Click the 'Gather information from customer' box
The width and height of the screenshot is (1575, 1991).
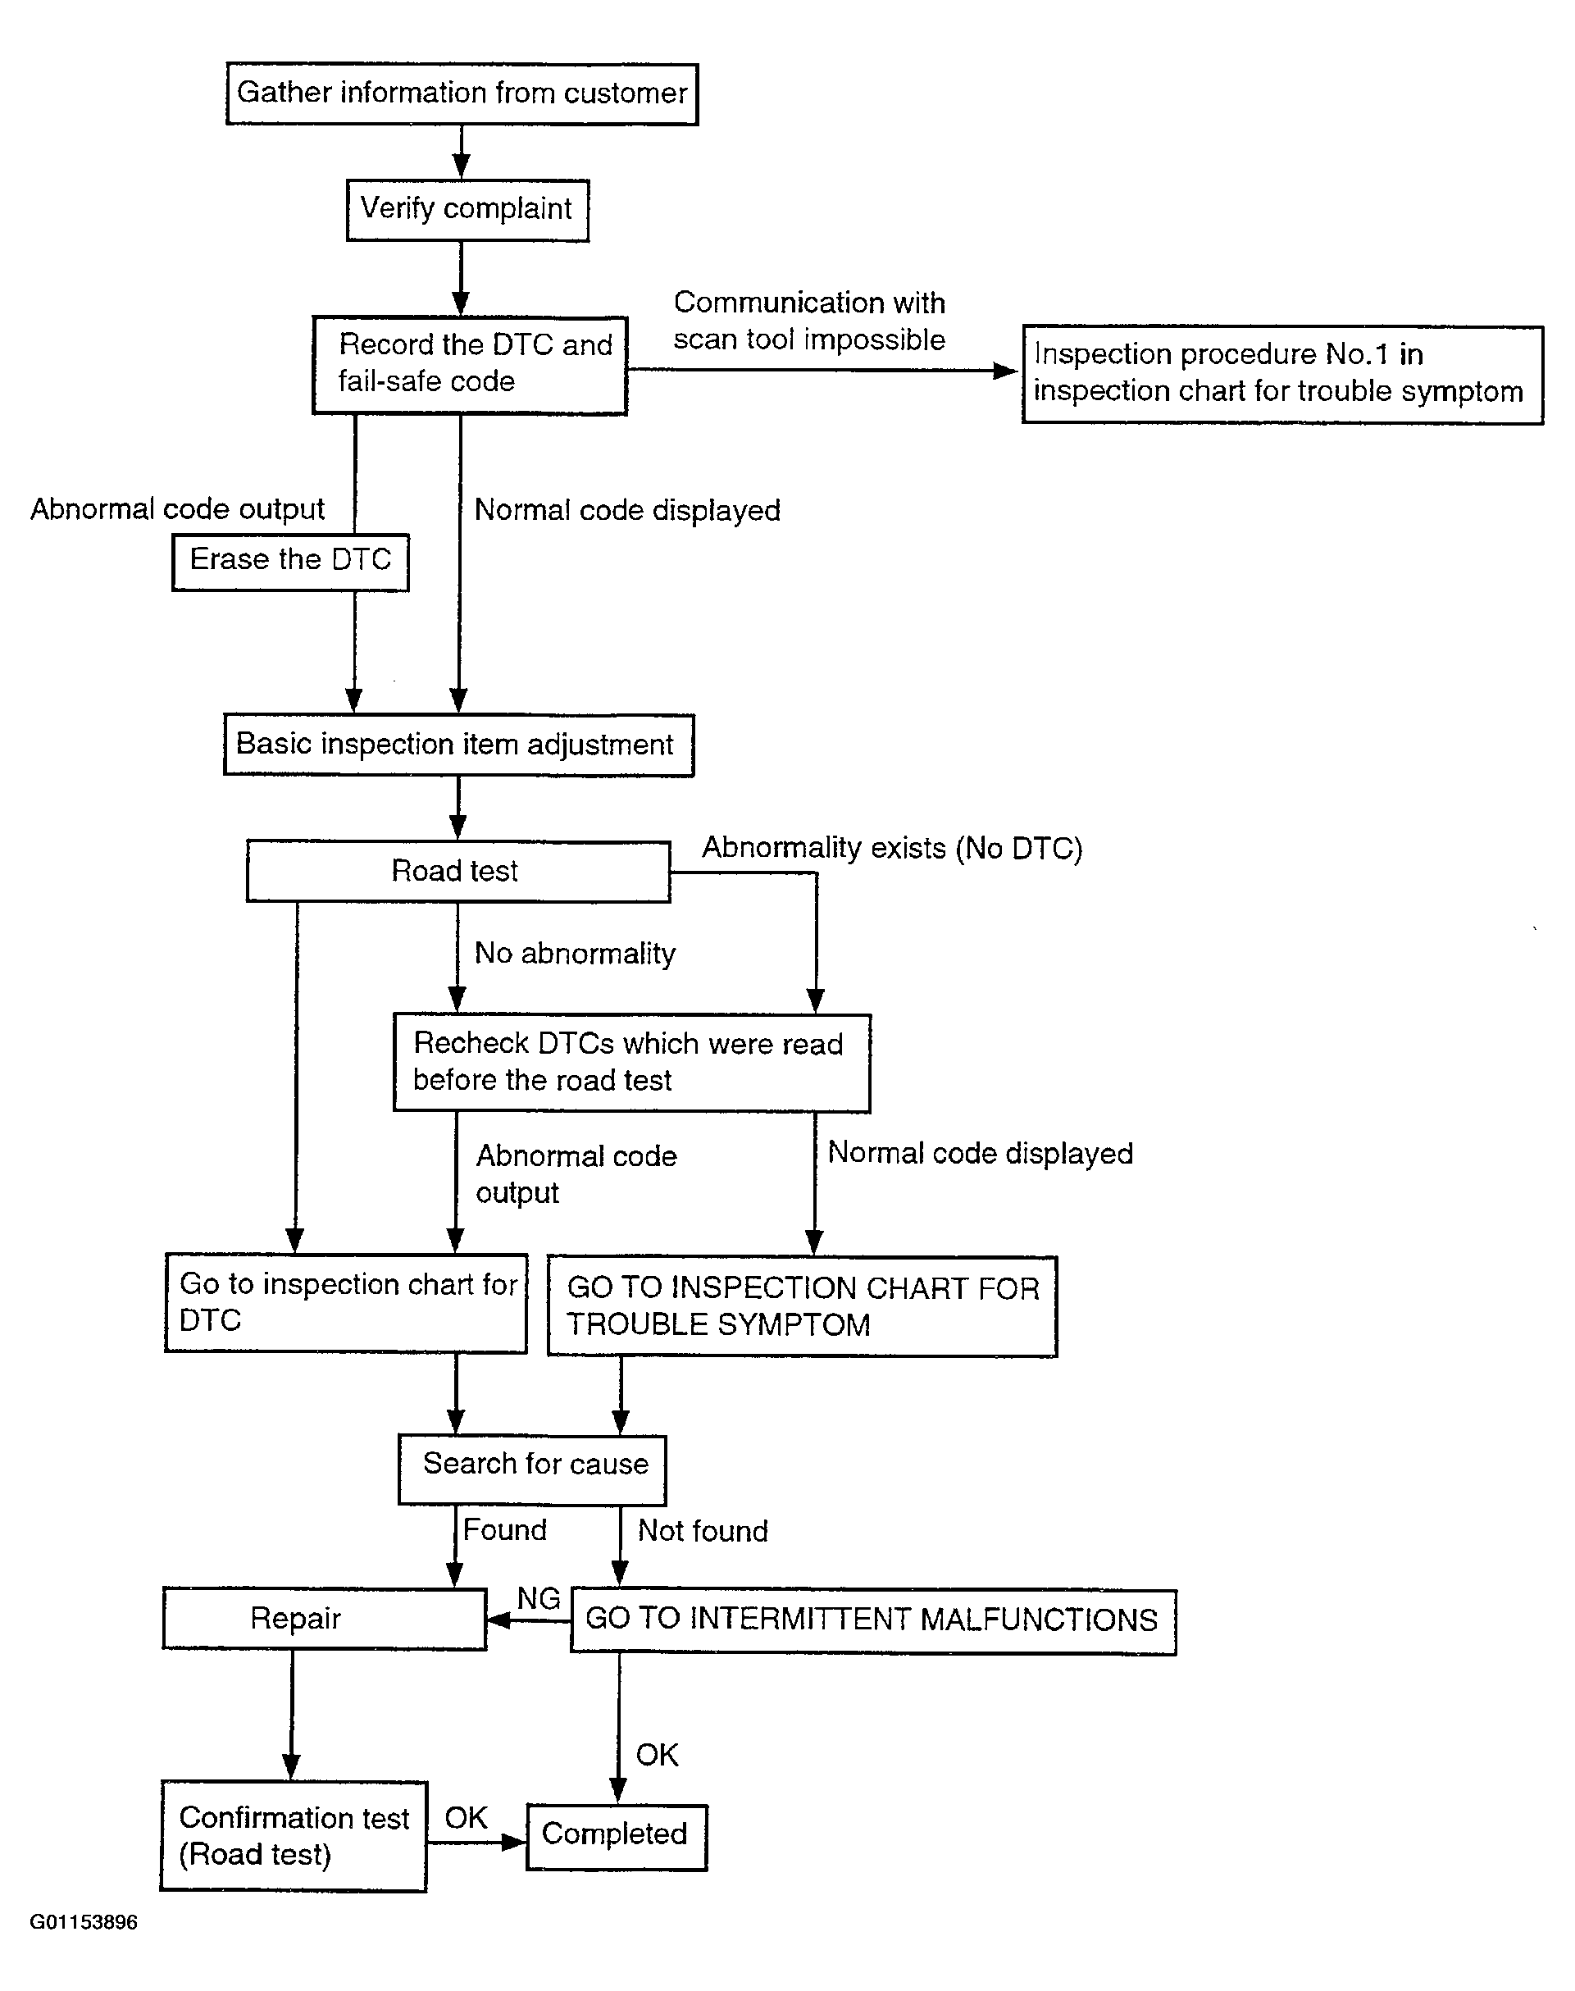[x=462, y=93]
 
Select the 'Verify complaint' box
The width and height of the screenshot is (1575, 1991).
[x=467, y=209]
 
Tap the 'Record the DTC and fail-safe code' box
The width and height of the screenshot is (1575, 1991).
[x=471, y=365]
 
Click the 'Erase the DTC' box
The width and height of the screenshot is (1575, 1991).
[x=290, y=562]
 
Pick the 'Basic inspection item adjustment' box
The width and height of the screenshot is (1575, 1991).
[x=458, y=745]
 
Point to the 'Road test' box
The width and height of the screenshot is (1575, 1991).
[x=458, y=871]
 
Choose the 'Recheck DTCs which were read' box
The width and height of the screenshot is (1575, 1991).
[x=631, y=1063]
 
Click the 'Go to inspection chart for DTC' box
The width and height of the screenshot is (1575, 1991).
[x=346, y=1302]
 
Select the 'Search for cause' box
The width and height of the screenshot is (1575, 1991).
[x=532, y=1469]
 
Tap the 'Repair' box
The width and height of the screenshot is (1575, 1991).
[x=325, y=1619]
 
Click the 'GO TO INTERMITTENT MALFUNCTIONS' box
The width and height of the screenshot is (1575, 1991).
[x=873, y=1620]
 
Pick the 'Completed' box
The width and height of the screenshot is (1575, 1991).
[x=617, y=1837]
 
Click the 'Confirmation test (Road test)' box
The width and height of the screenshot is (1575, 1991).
[x=294, y=1835]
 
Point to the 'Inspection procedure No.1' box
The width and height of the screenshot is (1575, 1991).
[x=1282, y=375]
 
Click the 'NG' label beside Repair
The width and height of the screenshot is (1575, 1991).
[x=539, y=1598]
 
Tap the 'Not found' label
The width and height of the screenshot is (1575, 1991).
[x=703, y=1531]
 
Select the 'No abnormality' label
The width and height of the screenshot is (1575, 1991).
[x=575, y=954]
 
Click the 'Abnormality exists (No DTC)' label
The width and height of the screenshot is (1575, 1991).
[x=892, y=848]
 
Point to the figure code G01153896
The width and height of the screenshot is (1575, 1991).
[x=84, y=1922]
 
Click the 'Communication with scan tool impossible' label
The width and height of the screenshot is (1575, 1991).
[x=808, y=321]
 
